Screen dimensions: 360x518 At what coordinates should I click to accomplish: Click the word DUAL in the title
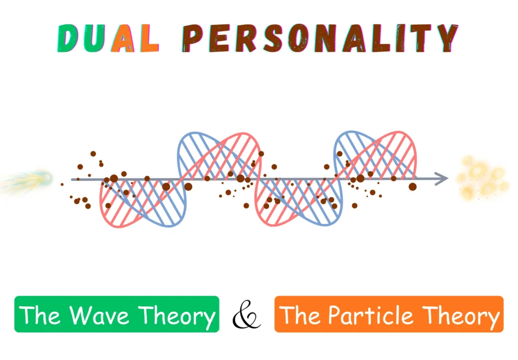pos(107,38)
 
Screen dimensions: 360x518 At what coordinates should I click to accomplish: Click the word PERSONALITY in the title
pos(321,38)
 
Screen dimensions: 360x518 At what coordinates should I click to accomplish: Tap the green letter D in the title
pos(69,38)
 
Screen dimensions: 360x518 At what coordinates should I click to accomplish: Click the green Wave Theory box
pos(116,314)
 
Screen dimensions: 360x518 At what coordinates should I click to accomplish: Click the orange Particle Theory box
pos(388,314)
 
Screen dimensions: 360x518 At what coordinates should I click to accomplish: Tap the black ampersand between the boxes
pos(246,315)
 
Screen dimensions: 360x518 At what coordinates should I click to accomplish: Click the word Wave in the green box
pos(102,315)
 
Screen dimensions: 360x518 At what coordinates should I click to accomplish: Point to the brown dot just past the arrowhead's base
pos(413,186)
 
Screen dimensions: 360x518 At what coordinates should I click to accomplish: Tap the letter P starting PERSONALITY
pos(193,38)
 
